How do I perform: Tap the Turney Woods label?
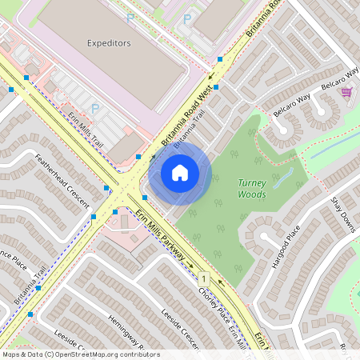[x=252, y=188]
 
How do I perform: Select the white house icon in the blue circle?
[x=180, y=173]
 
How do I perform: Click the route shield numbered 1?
[x=205, y=278]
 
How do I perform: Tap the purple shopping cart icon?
[x=346, y=92]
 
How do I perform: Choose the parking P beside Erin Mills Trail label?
[x=95, y=108]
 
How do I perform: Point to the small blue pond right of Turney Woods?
[x=282, y=178]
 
